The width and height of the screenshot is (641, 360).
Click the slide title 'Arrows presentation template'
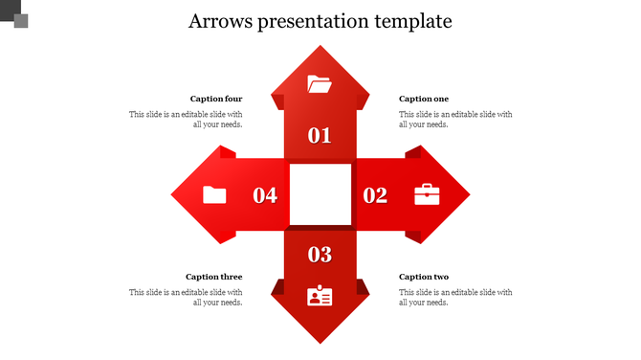point(320,21)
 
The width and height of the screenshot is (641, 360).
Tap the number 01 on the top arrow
point(320,135)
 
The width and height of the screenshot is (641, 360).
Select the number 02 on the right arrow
point(375,195)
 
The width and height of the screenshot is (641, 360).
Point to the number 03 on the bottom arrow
point(320,255)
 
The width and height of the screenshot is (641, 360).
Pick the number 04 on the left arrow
point(265,195)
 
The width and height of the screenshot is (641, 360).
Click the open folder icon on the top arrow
point(320,84)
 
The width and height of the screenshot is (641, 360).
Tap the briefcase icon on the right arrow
point(427,194)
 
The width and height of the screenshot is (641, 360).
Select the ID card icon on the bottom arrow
point(320,296)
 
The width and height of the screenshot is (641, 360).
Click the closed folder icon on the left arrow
point(215,194)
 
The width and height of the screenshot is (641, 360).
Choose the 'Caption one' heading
point(424,99)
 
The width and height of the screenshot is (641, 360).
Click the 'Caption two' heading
point(424,277)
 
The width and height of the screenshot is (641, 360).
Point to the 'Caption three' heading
point(214,277)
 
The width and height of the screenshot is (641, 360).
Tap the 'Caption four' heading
point(216,99)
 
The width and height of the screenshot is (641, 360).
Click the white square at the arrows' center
point(320,194)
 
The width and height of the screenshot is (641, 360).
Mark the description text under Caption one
point(455,119)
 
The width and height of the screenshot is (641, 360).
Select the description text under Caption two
point(455,297)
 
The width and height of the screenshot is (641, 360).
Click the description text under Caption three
point(187,297)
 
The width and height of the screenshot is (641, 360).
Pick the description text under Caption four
point(187,119)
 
